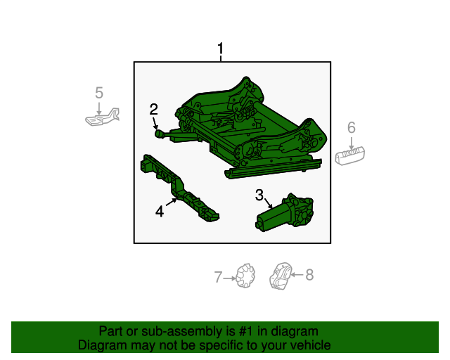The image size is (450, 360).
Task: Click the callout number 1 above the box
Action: click(x=220, y=49)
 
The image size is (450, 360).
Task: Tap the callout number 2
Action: click(x=153, y=109)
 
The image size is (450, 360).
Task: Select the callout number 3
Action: click(x=259, y=195)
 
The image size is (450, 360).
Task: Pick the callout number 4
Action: click(x=160, y=212)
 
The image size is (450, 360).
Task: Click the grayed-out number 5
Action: click(x=99, y=93)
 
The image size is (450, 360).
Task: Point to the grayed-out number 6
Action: click(x=352, y=127)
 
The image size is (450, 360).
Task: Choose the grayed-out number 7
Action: click(x=218, y=277)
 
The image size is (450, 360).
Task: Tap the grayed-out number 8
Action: click(x=309, y=275)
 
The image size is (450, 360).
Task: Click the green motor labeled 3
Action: click(x=284, y=212)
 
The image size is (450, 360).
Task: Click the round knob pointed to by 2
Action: click(x=159, y=134)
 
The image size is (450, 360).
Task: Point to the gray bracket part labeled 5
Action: click(x=103, y=117)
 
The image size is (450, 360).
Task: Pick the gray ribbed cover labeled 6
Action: click(x=350, y=155)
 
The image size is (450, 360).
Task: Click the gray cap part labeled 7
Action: click(x=245, y=276)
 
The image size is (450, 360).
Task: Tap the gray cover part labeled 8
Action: click(x=281, y=276)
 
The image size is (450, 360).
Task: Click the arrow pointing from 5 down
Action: click(x=99, y=109)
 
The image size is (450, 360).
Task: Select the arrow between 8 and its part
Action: click(x=297, y=275)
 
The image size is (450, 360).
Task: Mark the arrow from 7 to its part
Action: click(x=230, y=278)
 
